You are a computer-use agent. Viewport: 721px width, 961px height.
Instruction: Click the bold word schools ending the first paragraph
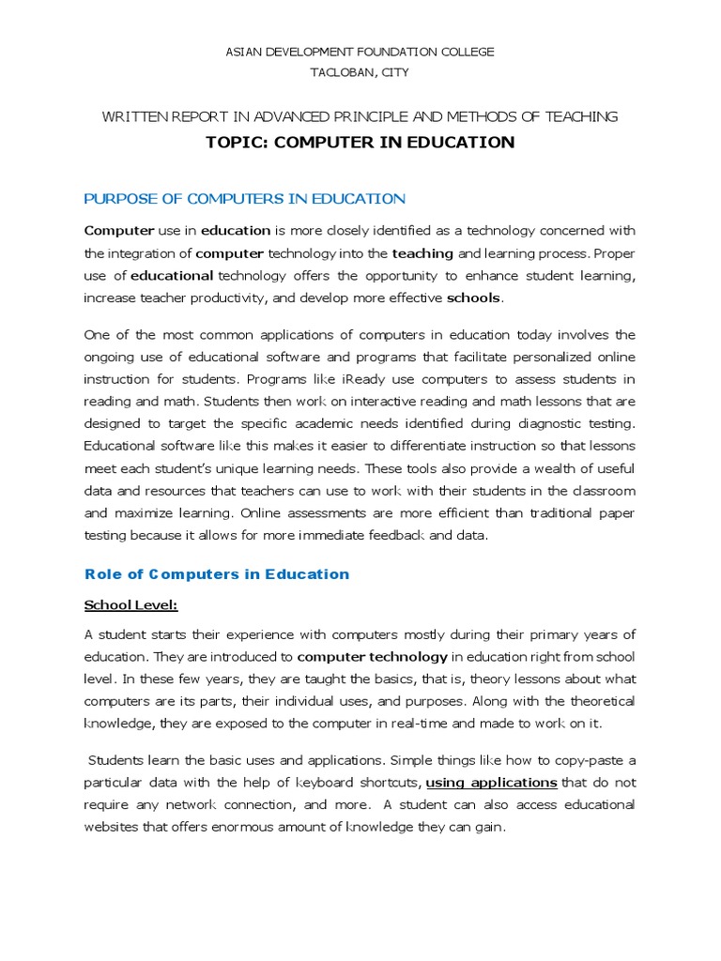474,298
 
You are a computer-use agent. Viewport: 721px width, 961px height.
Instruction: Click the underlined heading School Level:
130,604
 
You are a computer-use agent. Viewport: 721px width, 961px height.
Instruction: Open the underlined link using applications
491,782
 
